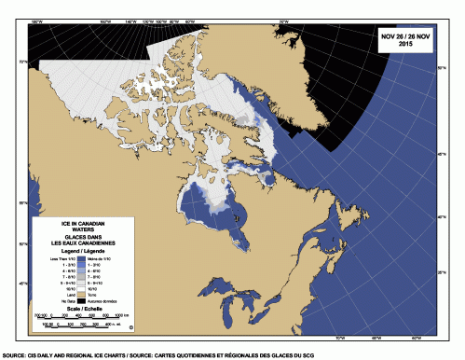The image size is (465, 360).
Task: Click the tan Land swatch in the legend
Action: tap(84, 296)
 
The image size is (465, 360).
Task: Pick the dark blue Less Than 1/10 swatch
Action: tap(84, 258)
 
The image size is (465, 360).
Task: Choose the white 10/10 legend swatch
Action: tap(84, 288)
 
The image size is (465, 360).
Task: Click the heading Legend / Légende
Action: tap(81, 252)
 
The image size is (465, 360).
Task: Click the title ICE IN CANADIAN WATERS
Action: tap(81, 229)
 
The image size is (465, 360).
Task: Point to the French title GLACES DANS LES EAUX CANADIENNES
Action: tap(81, 242)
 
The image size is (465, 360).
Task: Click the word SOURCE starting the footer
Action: tap(13, 355)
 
